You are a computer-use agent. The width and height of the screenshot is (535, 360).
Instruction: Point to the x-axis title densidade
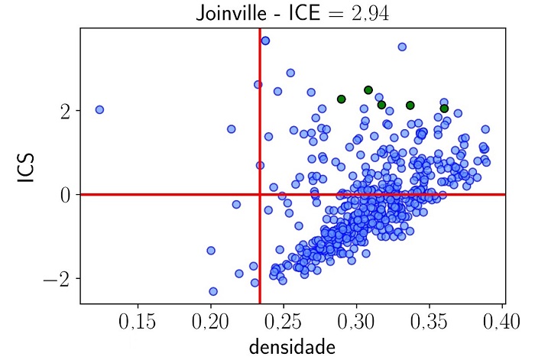291,347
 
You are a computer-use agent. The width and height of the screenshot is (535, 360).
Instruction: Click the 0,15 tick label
138,320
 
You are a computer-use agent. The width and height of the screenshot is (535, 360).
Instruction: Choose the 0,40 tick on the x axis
502,320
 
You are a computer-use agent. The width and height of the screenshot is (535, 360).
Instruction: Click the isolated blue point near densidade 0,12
99,109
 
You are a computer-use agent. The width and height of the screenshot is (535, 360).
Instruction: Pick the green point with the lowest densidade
342,99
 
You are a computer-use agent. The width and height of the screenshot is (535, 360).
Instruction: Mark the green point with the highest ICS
368,90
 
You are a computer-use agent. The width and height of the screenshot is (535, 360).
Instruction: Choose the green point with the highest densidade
444,109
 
